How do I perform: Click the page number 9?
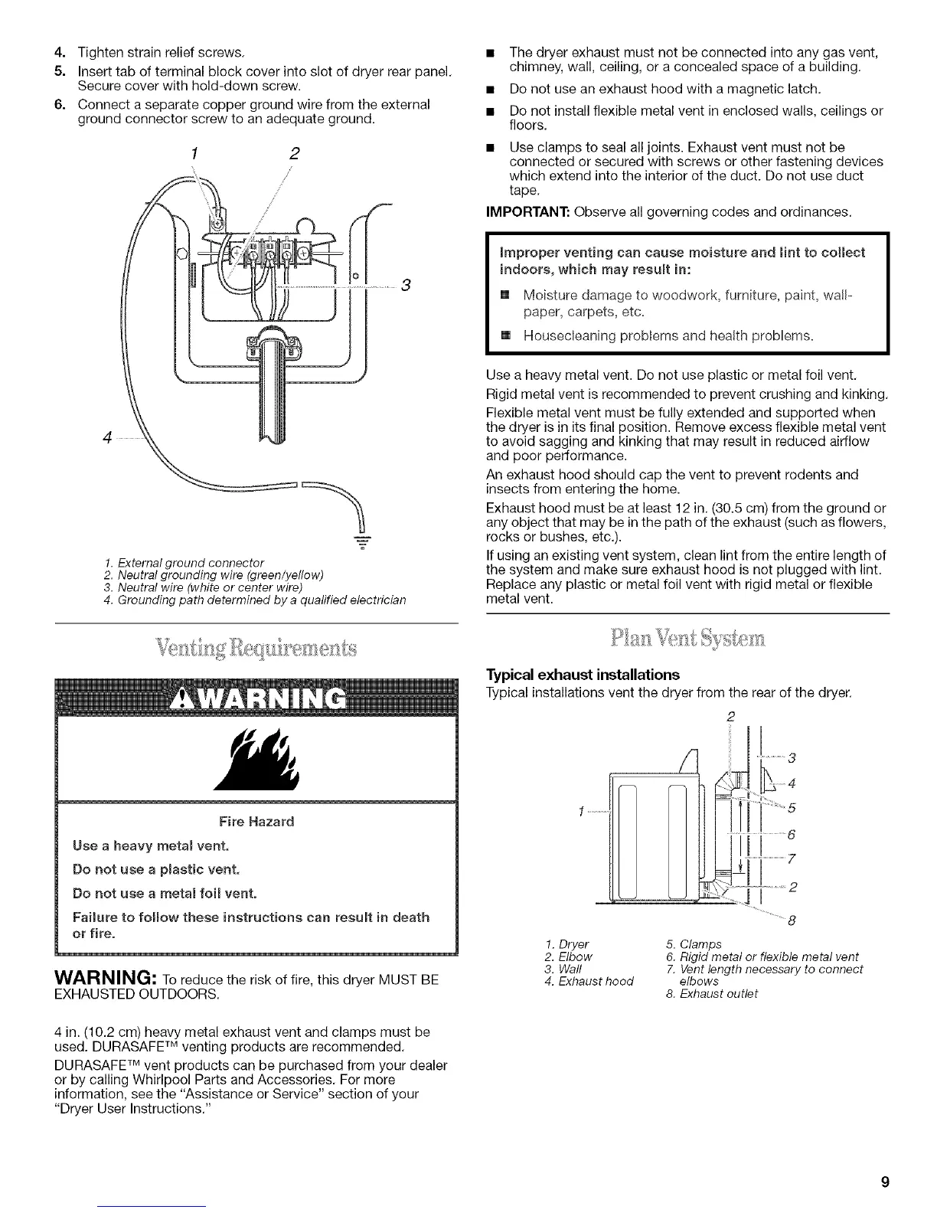pyautogui.click(x=884, y=1182)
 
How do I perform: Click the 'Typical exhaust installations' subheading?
pyautogui.click(x=583, y=675)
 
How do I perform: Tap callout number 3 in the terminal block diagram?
pyautogui.click(x=406, y=286)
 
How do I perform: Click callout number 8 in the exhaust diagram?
pyautogui.click(x=792, y=920)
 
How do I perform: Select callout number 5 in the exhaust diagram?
pyautogui.click(x=792, y=807)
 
